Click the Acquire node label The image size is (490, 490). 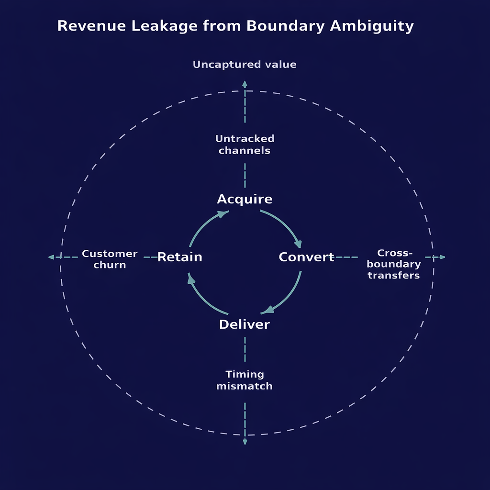pyautogui.click(x=245, y=199)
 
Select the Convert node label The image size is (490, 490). pyautogui.click(x=306, y=257)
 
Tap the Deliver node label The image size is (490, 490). pyautogui.click(x=245, y=324)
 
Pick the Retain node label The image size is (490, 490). pyautogui.click(x=180, y=257)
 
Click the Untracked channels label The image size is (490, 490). pyautogui.click(x=245, y=145)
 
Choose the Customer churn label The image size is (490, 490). pyautogui.click(x=110, y=259)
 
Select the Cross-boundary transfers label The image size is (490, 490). pyautogui.click(x=394, y=264)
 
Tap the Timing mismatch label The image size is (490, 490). pyautogui.click(x=245, y=380)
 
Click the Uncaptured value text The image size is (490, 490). pyautogui.click(x=245, y=65)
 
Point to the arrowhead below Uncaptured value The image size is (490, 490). pyautogui.click(x=245, y=84)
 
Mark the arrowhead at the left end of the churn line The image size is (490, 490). pyautogui.click(x=51, y=257)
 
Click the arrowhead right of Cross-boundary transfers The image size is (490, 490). pyautogui.click(x=442, y=257)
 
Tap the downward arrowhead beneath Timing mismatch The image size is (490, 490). pyautogui.click(x=245, y=442)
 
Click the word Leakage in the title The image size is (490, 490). pyautogui.click(x=161, y=26)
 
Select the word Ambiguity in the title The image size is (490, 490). pyautogui.click(x=372, y=26)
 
